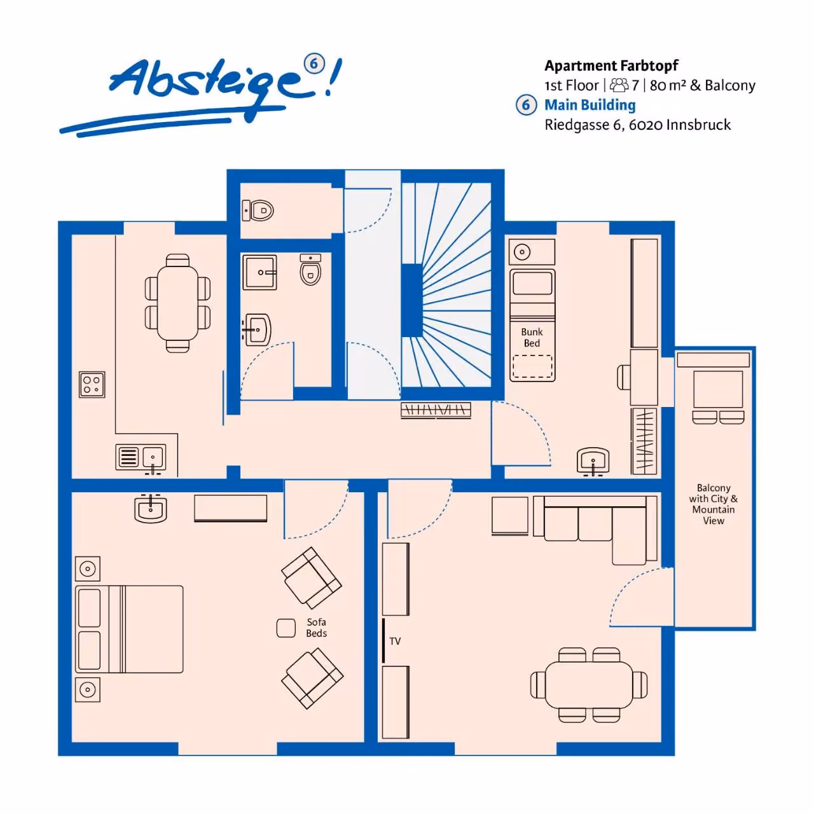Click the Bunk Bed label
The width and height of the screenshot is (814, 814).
tap(532, 337)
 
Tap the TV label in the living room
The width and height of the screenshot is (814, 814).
tap(394, 641)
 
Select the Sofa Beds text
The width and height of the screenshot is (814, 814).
tap(316, 627)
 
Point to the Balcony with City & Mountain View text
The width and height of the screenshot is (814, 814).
tap(713, 504)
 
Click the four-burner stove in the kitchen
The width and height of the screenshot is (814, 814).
tap(92, 384)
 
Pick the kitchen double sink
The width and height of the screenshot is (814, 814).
tap(141, 457)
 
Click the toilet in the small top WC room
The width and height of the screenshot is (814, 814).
tap(258, 210)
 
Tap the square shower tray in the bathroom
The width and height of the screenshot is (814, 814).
tap(259, 272)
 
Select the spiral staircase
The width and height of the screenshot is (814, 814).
tap(446, 284)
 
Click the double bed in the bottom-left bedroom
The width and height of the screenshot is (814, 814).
tap(129, 629)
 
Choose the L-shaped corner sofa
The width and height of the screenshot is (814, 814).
tap(595, 529)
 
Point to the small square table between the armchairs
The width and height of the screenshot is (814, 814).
tap(286, 628)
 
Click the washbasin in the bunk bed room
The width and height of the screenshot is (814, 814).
tap(593, 461)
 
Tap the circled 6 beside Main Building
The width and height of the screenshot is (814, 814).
tap(526, 104)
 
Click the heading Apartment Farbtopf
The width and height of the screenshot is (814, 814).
tap(611, 66)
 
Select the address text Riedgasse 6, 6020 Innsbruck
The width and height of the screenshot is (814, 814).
tap(637, 125)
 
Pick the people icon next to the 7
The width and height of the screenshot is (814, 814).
tap(619, 85)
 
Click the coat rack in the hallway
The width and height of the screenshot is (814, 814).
tap(436, 410)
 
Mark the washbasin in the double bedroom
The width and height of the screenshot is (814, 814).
tap(150, 508)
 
